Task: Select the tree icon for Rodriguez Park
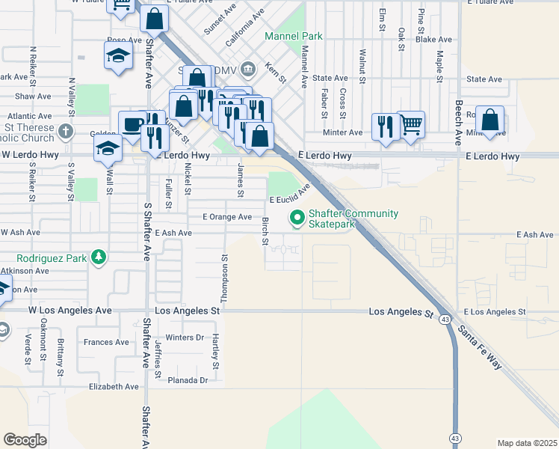[98, 257]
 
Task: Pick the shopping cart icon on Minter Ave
[411, 124]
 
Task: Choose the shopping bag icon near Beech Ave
[489, 119]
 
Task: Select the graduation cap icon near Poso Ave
[118, 56]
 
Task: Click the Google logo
[25, 440]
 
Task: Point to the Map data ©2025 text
[526, 443]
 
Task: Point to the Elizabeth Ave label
[114, 387]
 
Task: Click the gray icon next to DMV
[249, 70]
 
